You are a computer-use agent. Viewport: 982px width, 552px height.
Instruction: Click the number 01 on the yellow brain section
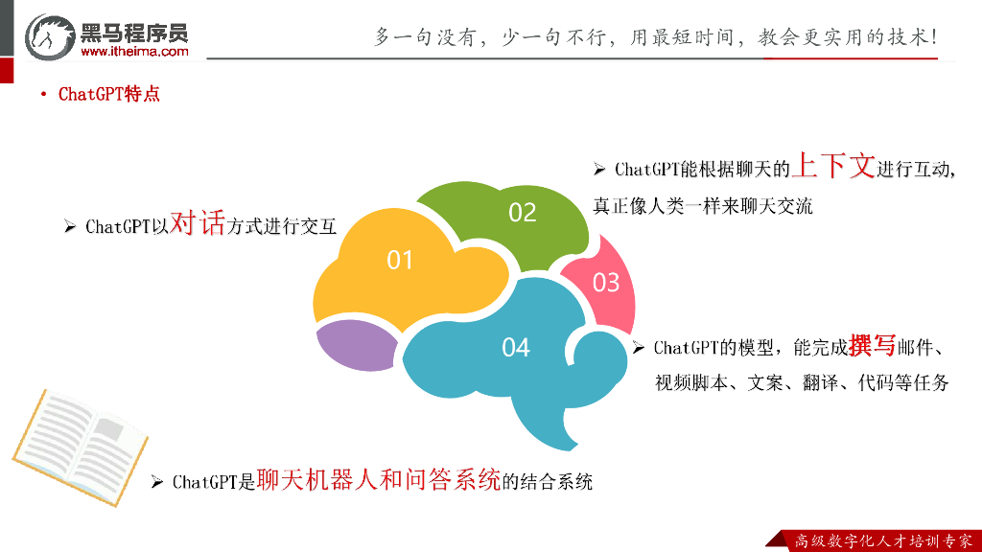tap(400, 260)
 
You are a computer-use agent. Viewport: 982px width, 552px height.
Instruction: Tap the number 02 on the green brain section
tap(523, 212)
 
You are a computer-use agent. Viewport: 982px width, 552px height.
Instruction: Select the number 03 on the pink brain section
tap(606, 283)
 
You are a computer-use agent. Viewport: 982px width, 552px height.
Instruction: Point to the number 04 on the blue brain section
tap(516, 347)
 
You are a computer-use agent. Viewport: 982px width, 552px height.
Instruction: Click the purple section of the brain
tap(356, 343)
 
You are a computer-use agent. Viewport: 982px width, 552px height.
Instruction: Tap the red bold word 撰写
tap(872, 345)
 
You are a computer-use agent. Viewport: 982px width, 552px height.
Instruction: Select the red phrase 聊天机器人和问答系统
tap(379, 479)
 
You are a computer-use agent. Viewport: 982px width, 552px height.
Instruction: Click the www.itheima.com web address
tap(134, 52)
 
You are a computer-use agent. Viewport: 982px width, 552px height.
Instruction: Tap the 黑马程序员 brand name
tap(135, 31)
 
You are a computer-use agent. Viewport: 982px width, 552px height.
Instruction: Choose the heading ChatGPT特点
tap(109, 95)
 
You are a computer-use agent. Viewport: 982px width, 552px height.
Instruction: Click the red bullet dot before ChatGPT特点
tap(44, 95)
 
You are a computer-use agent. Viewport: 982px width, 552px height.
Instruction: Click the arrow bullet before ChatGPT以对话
tap(70, 227)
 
